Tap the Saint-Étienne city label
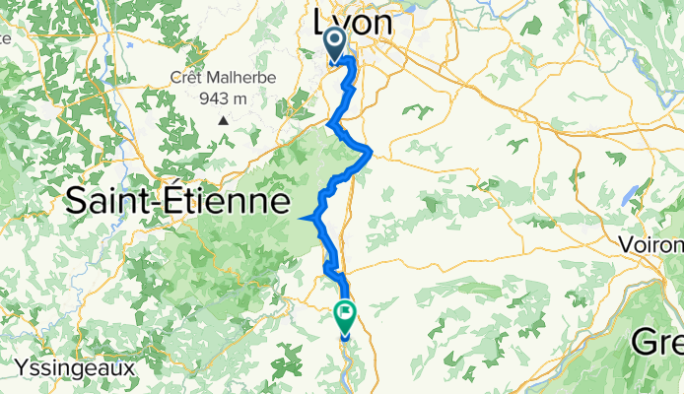click(178, 203)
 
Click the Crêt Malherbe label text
click(223, 78)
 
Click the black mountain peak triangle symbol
click(224, 120)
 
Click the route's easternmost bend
click(371, 150)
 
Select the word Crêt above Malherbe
click(188, 78)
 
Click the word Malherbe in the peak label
click(240, 78)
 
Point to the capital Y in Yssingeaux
click(21, 366)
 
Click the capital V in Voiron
click(626, 244)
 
